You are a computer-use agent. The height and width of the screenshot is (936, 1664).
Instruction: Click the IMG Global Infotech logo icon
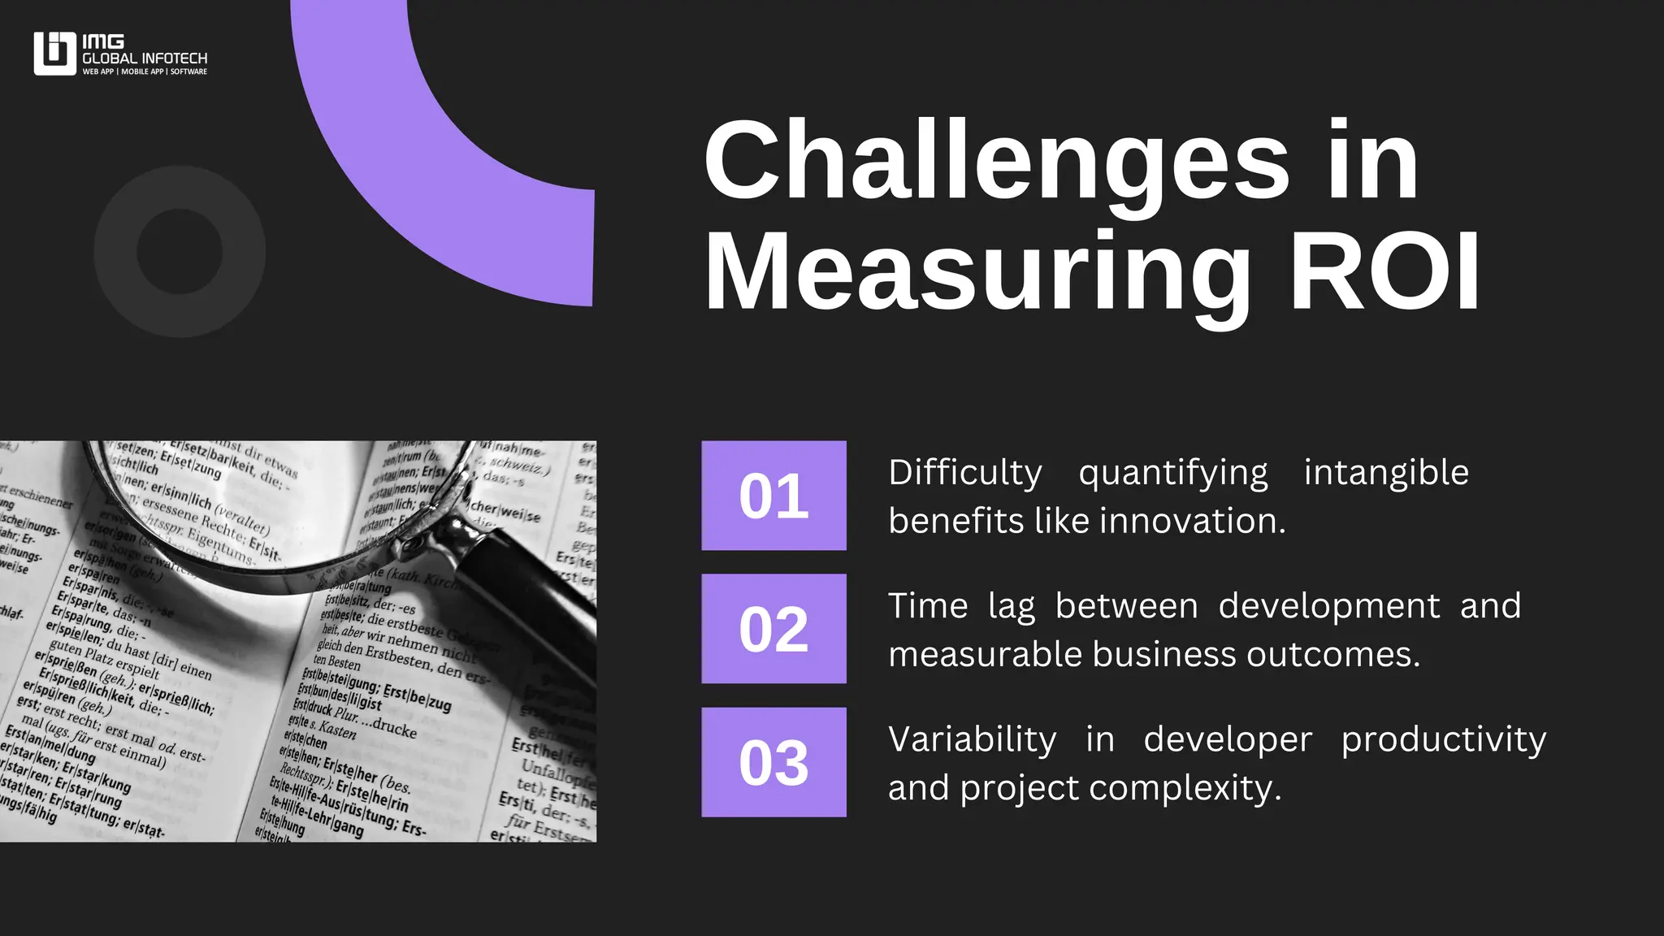(x=54, y=54)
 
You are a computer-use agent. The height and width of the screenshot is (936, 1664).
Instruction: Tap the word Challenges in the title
(x=996, y=160)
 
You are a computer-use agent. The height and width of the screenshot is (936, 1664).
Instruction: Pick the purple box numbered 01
(x=773, y=496)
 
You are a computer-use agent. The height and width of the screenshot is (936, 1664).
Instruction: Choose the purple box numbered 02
(x=773, y=629)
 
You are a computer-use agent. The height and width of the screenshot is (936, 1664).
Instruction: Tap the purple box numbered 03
(x=773, y=762)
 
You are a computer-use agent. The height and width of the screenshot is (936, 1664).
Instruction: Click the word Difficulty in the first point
(x=965, y=473)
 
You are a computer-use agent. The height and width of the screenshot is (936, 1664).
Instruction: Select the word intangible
(x=1386, y=473)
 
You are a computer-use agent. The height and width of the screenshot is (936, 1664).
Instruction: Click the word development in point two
(x=1329, y=606)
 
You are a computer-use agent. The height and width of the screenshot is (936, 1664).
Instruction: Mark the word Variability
(x=973, y=739)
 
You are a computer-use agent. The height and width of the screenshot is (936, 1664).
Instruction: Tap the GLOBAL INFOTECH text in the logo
(x=145, y=58)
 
